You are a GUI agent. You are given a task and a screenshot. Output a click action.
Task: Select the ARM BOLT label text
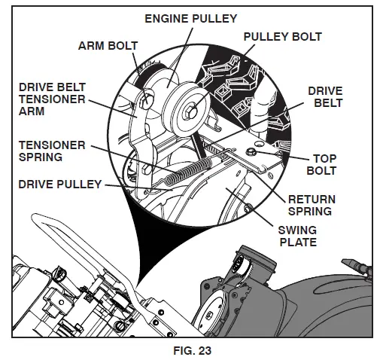point(108,45)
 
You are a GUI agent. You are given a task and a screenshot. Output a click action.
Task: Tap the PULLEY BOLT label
point(282,35)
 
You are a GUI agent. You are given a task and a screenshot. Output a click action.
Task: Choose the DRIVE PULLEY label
point(59,183)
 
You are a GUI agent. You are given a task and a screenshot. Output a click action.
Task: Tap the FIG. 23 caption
point(191,349)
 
